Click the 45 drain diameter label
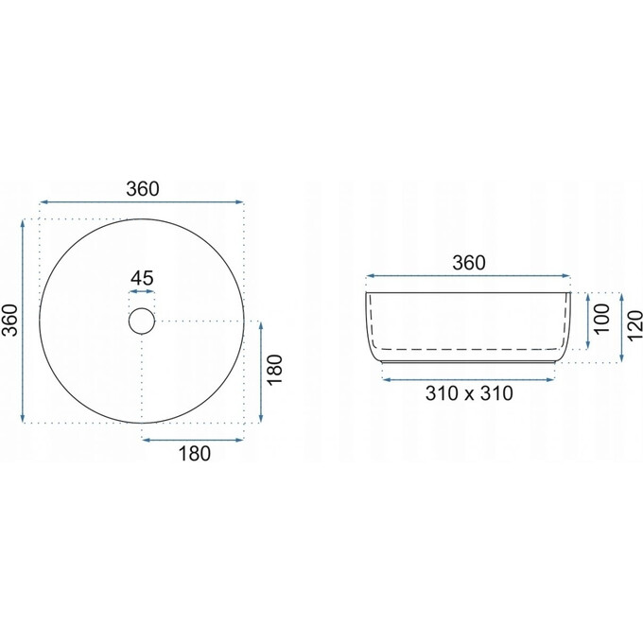(x=142, y=278)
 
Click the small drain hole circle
(x=142, y=308)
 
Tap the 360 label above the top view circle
(x=142, y=189)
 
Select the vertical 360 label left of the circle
(x=11, y=321)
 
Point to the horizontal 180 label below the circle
(x=195, y=454)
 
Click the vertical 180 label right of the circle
(x=275, y=369)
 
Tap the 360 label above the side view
(x=469, y=263)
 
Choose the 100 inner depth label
(x=602, y=319)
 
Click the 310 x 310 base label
(x=469, y=393)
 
